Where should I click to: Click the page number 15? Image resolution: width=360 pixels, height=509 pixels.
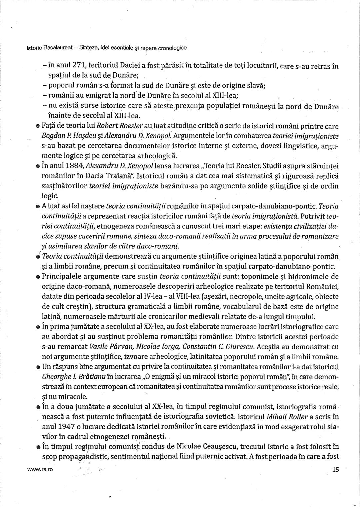[x=335, y=469]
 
